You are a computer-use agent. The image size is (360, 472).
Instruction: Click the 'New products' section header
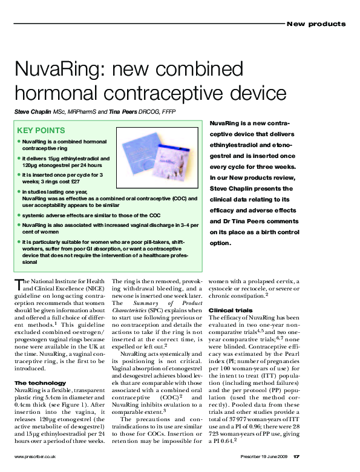click(316, 24)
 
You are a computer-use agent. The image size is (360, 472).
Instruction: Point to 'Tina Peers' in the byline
click(125, 111)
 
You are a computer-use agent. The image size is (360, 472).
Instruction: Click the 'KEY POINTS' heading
click(41, 130)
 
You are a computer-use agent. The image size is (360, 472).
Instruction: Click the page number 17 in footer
click(348, 456)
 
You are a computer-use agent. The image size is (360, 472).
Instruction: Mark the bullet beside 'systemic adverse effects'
click(18, 215)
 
